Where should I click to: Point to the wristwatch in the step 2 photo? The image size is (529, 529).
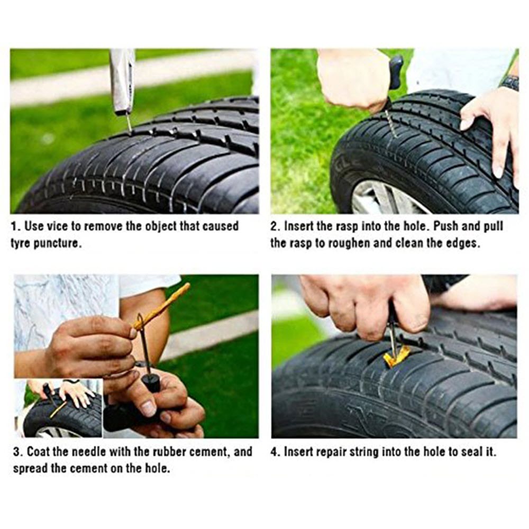coord(509,83)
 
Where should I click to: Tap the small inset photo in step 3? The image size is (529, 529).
coord(58,408)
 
